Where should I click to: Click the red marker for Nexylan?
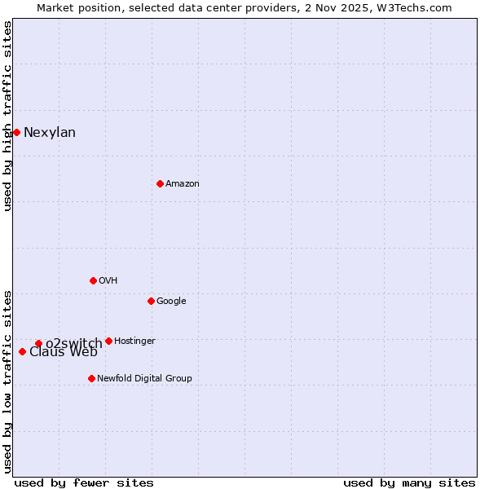click(16, 132)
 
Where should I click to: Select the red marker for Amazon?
click(160, 183)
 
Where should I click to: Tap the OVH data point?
click(93, 280)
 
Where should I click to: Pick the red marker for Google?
click(151, 301)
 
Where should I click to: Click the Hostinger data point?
click(108, 341)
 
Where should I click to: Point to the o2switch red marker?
click(38, 343)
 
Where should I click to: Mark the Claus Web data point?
click(22, 351)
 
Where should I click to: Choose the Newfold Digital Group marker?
click(91, 378)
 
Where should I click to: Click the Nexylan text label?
click(50, 133)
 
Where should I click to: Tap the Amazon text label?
click(183, 184)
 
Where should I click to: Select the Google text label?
click(171, 302)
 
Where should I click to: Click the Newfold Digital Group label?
click(144, 378)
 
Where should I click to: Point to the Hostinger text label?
click(134, 341)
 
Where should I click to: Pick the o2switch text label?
click(73, 343)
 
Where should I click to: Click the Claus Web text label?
click(64, 352)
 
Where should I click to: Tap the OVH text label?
click(108, 281)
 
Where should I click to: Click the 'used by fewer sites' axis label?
click(84, 482)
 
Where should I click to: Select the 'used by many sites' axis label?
click(409, 482)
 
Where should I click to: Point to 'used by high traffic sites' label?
click(7, 116)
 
